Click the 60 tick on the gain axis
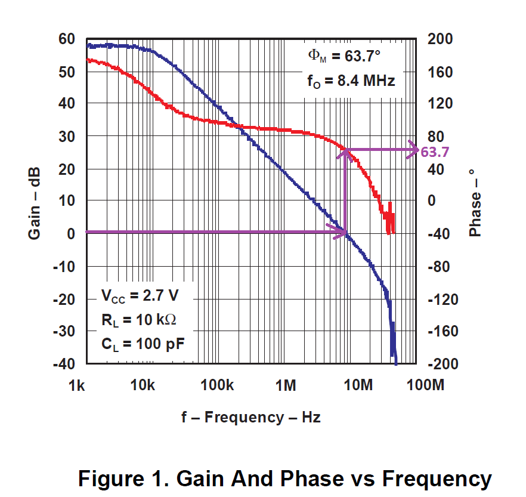(x=67, y=39)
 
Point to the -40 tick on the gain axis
(x=64, y=364)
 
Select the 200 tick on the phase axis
(x=441, y=39)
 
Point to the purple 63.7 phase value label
(x=435, y=152)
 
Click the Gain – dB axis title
(x=35, y=201)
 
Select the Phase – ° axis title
(x=475, y=202)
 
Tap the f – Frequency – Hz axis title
(x=251, y=417)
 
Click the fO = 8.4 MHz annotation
(x=351, y=81)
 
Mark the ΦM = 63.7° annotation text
(x=344, y=57)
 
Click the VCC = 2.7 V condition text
(x=140, y=295)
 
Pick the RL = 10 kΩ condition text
(x=139, y=320)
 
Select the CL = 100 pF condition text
(x=142, y=344)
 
